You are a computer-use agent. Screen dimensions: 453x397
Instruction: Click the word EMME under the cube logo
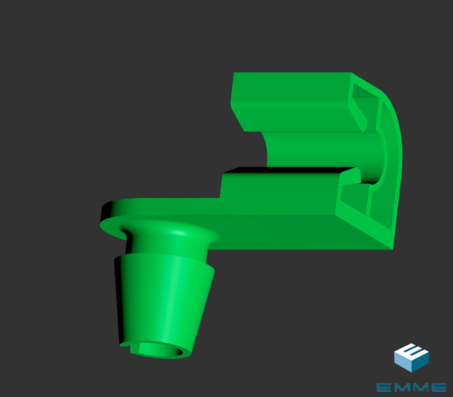411,387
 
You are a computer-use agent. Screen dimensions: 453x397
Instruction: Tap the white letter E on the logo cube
413,351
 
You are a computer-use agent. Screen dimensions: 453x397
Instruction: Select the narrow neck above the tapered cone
167,244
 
